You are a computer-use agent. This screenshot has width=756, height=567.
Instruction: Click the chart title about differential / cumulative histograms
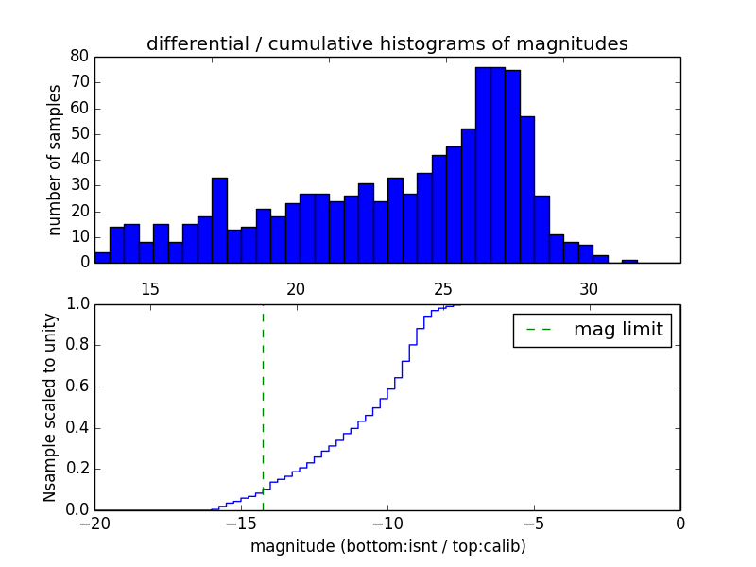tap(387, 43)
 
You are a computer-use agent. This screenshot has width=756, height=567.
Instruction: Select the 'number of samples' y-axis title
tap(55, 160)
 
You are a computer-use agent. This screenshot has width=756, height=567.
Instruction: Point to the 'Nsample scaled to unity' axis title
tap(50, 407)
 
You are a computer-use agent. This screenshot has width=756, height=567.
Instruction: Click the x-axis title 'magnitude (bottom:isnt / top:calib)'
tap(387, 546)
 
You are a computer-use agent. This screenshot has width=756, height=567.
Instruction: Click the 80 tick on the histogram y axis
tap(78, 57)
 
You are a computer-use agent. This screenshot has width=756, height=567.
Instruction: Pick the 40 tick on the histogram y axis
tap(78, 160)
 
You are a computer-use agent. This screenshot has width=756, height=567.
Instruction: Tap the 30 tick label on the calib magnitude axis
tap(589, 288)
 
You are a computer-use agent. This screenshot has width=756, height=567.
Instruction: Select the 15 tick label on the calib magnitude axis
tap(149, 288)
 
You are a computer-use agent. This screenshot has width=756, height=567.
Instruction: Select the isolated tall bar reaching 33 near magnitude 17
tap(219, 220)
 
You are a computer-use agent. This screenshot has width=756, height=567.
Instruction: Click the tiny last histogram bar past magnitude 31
tap(629, 261)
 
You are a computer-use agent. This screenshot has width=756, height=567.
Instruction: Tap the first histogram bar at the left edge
tap(102, 257)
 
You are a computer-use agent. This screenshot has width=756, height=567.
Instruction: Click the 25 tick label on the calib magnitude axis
tap(442, 288)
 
